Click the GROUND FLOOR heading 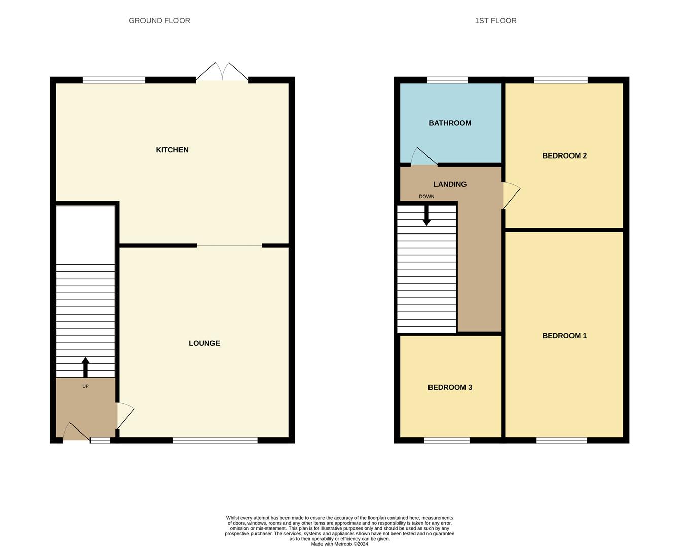coord(159,21)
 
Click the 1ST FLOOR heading coord(495,21)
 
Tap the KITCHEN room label coord(172,150)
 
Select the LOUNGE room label coord(204,343)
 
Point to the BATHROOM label coord(450,123)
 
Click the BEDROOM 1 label coord(564,336)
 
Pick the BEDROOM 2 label coord(564,155)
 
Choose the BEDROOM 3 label coord(450,387)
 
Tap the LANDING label coord(450,184)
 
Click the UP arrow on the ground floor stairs coord(85,367)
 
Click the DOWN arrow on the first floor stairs coord(427,215)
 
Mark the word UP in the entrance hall coord(85,386)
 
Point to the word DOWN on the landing coord(426,197)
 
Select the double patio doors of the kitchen coord(222,72)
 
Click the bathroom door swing coord(422,157)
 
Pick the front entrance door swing coord(76,432)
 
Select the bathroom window coord(447,80)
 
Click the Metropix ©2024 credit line coord(339,544)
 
